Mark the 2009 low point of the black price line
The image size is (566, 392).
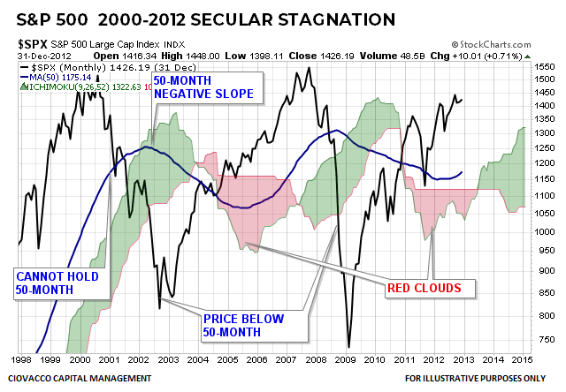pyautogui.click(x=349, y=347)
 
